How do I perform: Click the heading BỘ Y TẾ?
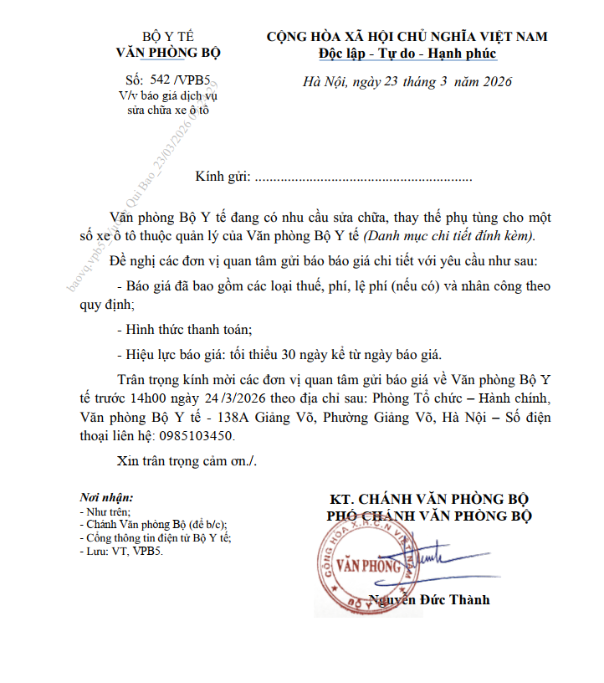168,37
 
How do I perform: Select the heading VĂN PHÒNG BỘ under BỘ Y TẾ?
168,52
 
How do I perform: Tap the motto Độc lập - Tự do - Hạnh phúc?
407,54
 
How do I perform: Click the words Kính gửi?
223,177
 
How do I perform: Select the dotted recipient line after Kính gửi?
363,178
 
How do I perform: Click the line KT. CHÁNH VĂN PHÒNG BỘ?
428,500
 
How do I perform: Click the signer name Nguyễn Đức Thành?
429,600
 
